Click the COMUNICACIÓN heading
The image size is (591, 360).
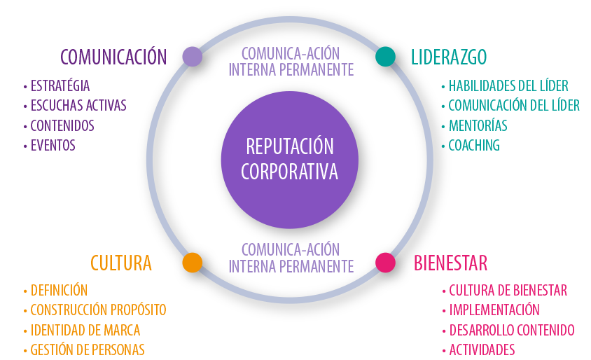click(x=113, y=57)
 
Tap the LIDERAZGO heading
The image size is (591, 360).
click(x=449, y=57)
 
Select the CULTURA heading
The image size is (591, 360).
click(x=121, y=263)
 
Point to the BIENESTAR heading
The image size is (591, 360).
click(x=450, y=263)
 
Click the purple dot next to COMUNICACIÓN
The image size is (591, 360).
click(x=192, y=57)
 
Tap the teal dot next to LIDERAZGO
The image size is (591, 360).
click(x=385, y=57)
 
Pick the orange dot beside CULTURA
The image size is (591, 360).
click(x=192, y=263)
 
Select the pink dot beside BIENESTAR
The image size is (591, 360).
click(x=385, y=263)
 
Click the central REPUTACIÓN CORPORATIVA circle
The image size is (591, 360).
click(x=289, y=160)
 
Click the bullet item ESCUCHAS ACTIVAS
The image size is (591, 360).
click(x=78, y=106)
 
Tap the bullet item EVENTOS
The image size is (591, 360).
click(x=53, y=146)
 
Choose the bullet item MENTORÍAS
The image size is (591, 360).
click(x=478, y=126)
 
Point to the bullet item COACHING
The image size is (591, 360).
click(x=473, y=146)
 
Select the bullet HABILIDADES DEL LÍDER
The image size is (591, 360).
click(x=508, y=86)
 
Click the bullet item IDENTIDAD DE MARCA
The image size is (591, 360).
click(x=85, y=330)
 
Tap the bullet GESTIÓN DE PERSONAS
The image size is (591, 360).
click(x=87, y=349)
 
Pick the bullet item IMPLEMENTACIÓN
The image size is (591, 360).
click(x=494, y=310)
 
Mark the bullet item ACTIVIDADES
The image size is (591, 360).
click(x=482, y=349)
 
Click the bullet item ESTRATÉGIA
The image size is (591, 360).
click(x=60, y=86)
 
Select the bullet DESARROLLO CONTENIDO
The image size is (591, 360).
click(x=511, y=330)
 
